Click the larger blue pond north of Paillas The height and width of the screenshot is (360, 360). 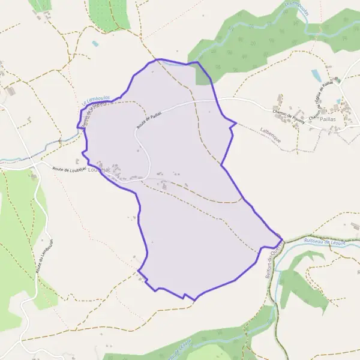pos(316,75)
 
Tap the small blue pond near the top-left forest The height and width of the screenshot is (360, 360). pos(95,44)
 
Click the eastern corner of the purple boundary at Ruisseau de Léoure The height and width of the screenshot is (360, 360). pos(282,238)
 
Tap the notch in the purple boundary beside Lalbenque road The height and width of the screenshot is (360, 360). pos(233,125)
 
